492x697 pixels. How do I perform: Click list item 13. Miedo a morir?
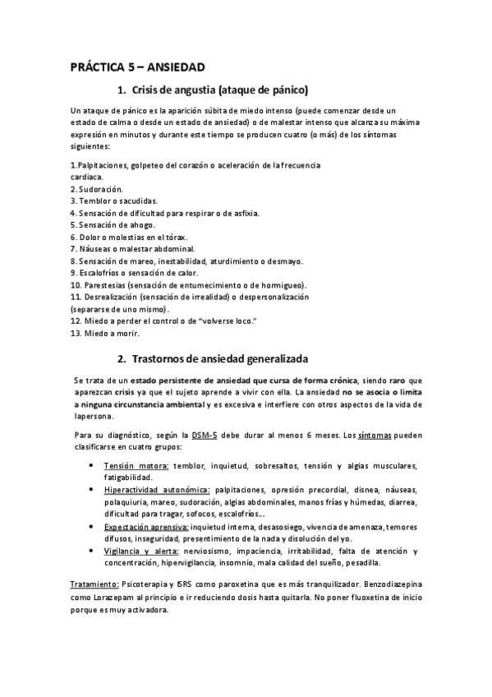click(105, 334)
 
